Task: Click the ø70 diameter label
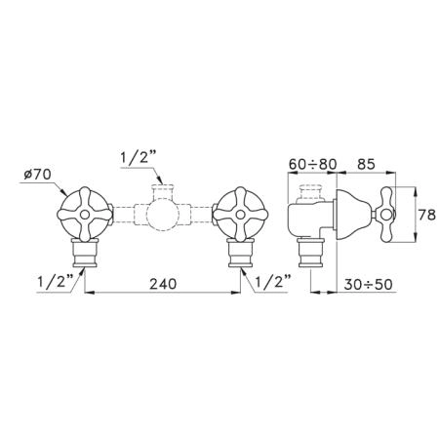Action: coord(38,175)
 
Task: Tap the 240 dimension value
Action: coord(163,284)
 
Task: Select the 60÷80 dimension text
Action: coord(312,164)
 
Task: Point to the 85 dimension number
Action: coord(366,164)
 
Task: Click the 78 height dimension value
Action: coord(426,215)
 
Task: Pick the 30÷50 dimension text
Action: coord(368,285)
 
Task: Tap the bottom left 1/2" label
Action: coord(56,282)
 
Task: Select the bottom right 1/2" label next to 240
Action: coord(273,282)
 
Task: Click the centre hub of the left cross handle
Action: coord(85,215)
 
